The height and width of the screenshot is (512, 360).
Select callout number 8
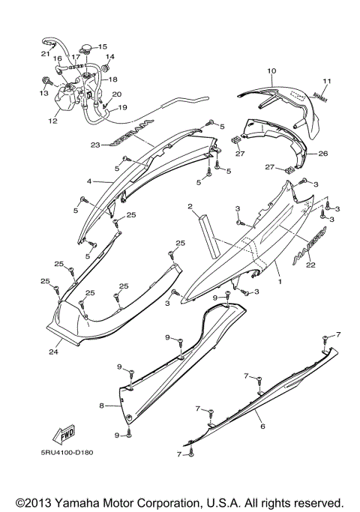click(x=100, y=406)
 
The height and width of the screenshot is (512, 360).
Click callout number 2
click(x=191, y=206)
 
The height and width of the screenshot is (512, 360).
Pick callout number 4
click(x=89, y=181)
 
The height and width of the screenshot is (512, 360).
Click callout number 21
click(x=45, y=53)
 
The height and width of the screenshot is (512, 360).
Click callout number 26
click(x=323, y=154)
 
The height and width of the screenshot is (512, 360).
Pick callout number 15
click(x=103, y=46)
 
